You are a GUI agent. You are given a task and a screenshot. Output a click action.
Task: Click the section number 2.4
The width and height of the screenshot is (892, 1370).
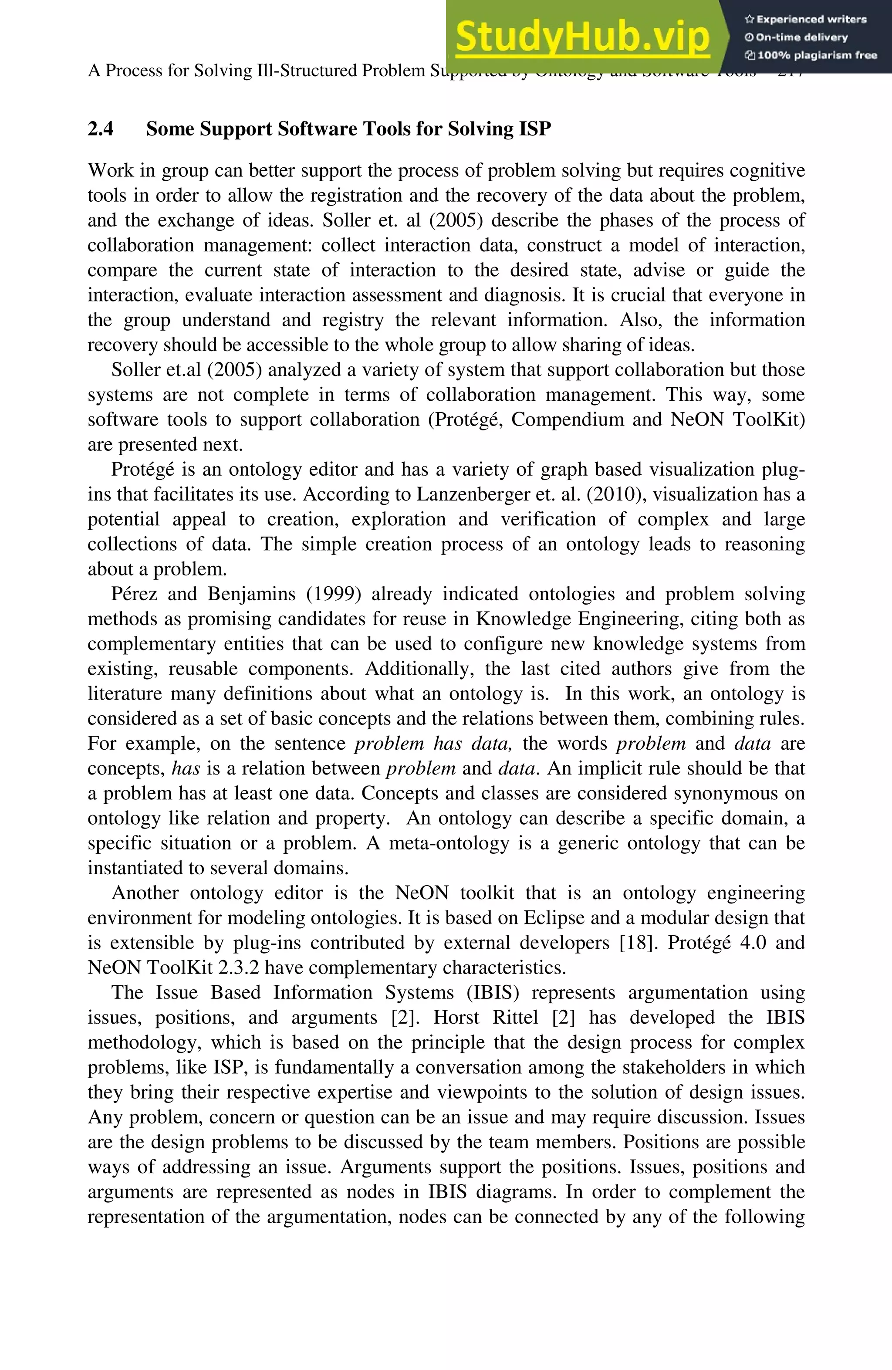click(101, 129)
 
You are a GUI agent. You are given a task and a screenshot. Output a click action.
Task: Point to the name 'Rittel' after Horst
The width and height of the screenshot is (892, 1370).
click(515, 1018)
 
